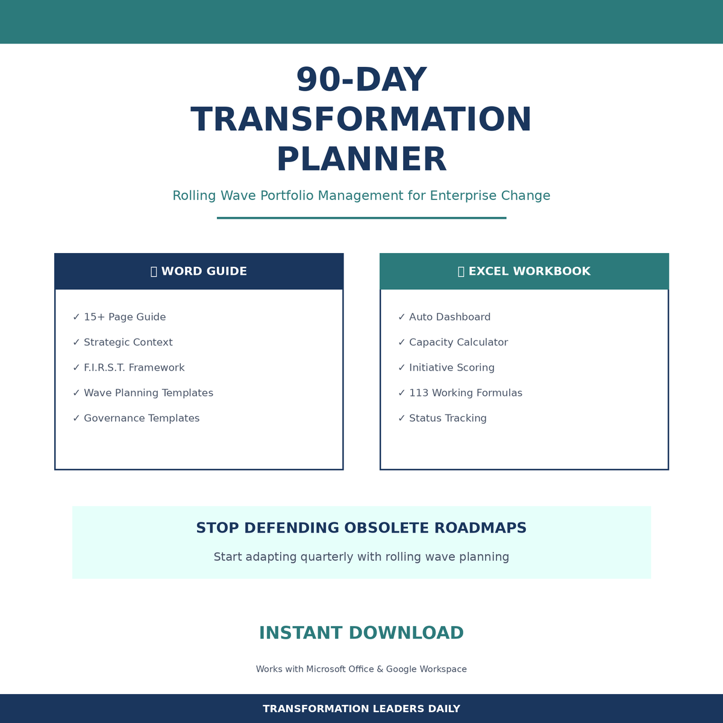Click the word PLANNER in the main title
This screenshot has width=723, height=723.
pos(361,160)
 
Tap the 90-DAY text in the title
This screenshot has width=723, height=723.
pos(361,81)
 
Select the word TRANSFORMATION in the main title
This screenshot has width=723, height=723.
pos(361,120)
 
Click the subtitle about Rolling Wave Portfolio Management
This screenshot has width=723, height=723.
pos(361,196)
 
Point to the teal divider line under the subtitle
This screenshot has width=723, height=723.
pos(361,218)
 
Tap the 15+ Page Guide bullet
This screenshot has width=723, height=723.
pos(124,317)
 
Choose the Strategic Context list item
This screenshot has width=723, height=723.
pos(128,342)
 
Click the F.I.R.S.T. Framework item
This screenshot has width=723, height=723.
pos(134,368)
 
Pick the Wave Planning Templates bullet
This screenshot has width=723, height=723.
pos(148,393)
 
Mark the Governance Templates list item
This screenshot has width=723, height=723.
pos(142,418)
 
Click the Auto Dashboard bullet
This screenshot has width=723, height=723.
pos(449,317)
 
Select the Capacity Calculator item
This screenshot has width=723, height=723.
pos(458,342)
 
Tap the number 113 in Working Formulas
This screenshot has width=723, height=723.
pos(419,393)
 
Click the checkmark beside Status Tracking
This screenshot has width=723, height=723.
pos(401,418)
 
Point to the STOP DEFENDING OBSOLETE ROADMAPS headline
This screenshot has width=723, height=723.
pos(361,528)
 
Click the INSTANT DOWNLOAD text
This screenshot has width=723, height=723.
pos(361,633)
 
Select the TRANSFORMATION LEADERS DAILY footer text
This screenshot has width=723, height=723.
pos(361,709)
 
